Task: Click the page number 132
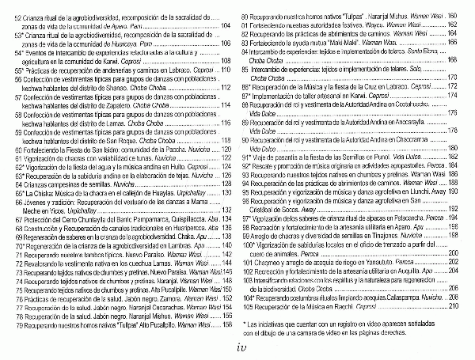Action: (x=226, y=210)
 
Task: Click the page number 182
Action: (x=453, y=157)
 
